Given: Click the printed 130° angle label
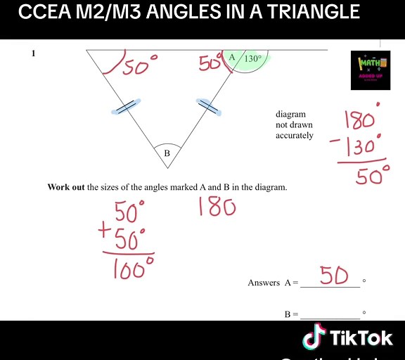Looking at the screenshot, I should (252, 59).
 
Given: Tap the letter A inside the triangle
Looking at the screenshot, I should (232, 57).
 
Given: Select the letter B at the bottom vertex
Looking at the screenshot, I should (167, 153).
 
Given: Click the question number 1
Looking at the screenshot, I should (33, 53).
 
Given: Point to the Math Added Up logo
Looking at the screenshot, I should (370, 70).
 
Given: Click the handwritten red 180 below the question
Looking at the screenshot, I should (217, 207).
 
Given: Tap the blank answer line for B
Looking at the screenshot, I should (330, 317).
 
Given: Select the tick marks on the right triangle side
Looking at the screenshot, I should (207, 107).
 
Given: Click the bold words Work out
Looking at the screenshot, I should (66, 187).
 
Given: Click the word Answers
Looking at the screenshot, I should (264, 283).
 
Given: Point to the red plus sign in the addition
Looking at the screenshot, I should (105, 230).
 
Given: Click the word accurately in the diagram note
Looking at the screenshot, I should (295, 136).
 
